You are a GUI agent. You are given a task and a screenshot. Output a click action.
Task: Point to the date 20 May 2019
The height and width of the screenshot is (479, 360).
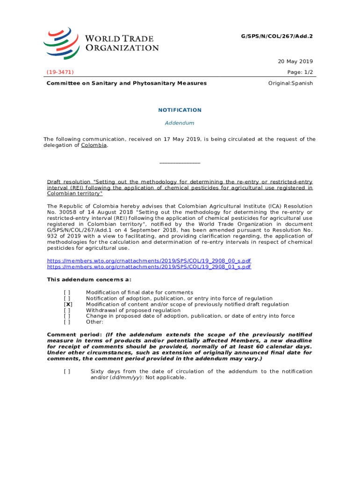295,61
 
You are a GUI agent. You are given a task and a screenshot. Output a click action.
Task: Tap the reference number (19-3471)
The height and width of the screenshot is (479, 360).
60,72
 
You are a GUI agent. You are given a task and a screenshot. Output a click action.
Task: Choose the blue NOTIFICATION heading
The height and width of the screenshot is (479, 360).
180,110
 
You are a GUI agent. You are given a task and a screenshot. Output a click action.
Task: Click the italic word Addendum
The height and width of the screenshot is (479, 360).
180,123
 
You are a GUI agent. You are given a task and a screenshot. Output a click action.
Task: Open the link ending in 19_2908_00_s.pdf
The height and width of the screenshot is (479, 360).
149,261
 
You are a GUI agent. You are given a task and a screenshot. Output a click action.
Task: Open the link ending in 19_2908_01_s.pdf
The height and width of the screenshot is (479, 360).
149,267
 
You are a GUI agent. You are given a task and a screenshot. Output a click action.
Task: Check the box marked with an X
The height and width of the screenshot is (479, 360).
68,305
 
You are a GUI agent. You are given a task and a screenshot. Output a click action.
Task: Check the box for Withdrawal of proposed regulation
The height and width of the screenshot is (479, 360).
68,310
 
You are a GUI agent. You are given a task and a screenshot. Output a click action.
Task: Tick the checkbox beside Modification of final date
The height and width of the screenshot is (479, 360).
68,292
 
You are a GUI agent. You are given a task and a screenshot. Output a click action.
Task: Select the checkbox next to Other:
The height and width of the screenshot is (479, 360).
68,322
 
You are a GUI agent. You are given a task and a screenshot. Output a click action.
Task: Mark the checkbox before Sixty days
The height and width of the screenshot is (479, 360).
68,371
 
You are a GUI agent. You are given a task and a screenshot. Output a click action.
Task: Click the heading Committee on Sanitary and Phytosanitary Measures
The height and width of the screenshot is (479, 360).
126,83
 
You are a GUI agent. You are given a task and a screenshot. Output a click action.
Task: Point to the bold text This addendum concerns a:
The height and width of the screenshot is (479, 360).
89,280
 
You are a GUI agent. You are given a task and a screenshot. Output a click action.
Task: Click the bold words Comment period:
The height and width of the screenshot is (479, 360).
75,335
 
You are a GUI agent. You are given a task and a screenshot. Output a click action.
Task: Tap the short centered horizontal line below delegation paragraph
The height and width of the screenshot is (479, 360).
180,163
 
